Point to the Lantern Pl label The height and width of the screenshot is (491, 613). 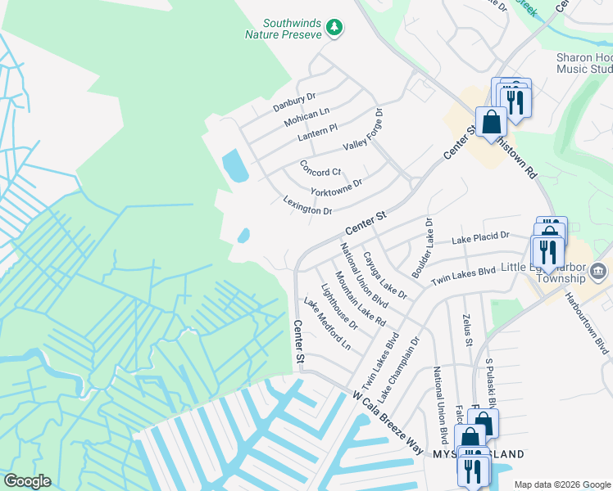tap(318, 132)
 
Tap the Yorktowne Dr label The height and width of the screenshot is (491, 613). tap(336, 188)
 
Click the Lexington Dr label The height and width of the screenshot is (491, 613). tap(307, 205)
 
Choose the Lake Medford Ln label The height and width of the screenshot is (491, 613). tap(327, 324)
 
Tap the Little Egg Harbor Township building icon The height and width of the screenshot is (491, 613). tap(598, 271)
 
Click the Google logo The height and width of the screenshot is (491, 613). tap(27, 481)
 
